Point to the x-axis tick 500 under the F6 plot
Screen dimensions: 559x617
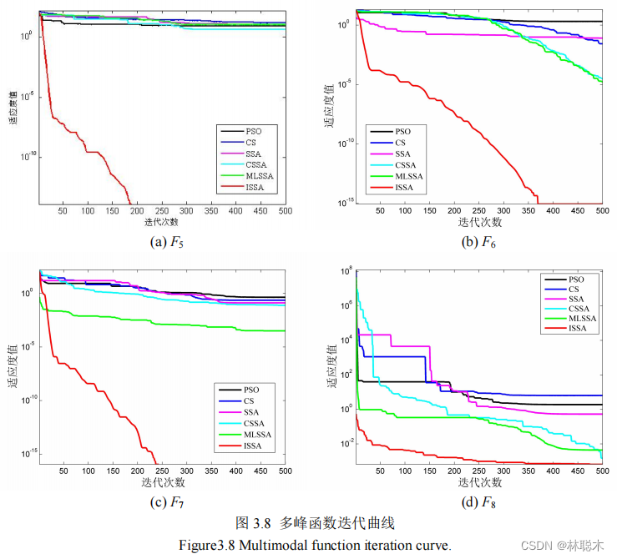[602, 212]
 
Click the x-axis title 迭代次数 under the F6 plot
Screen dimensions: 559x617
[479, 223]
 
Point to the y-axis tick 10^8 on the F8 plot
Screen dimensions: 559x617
[346, 269]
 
